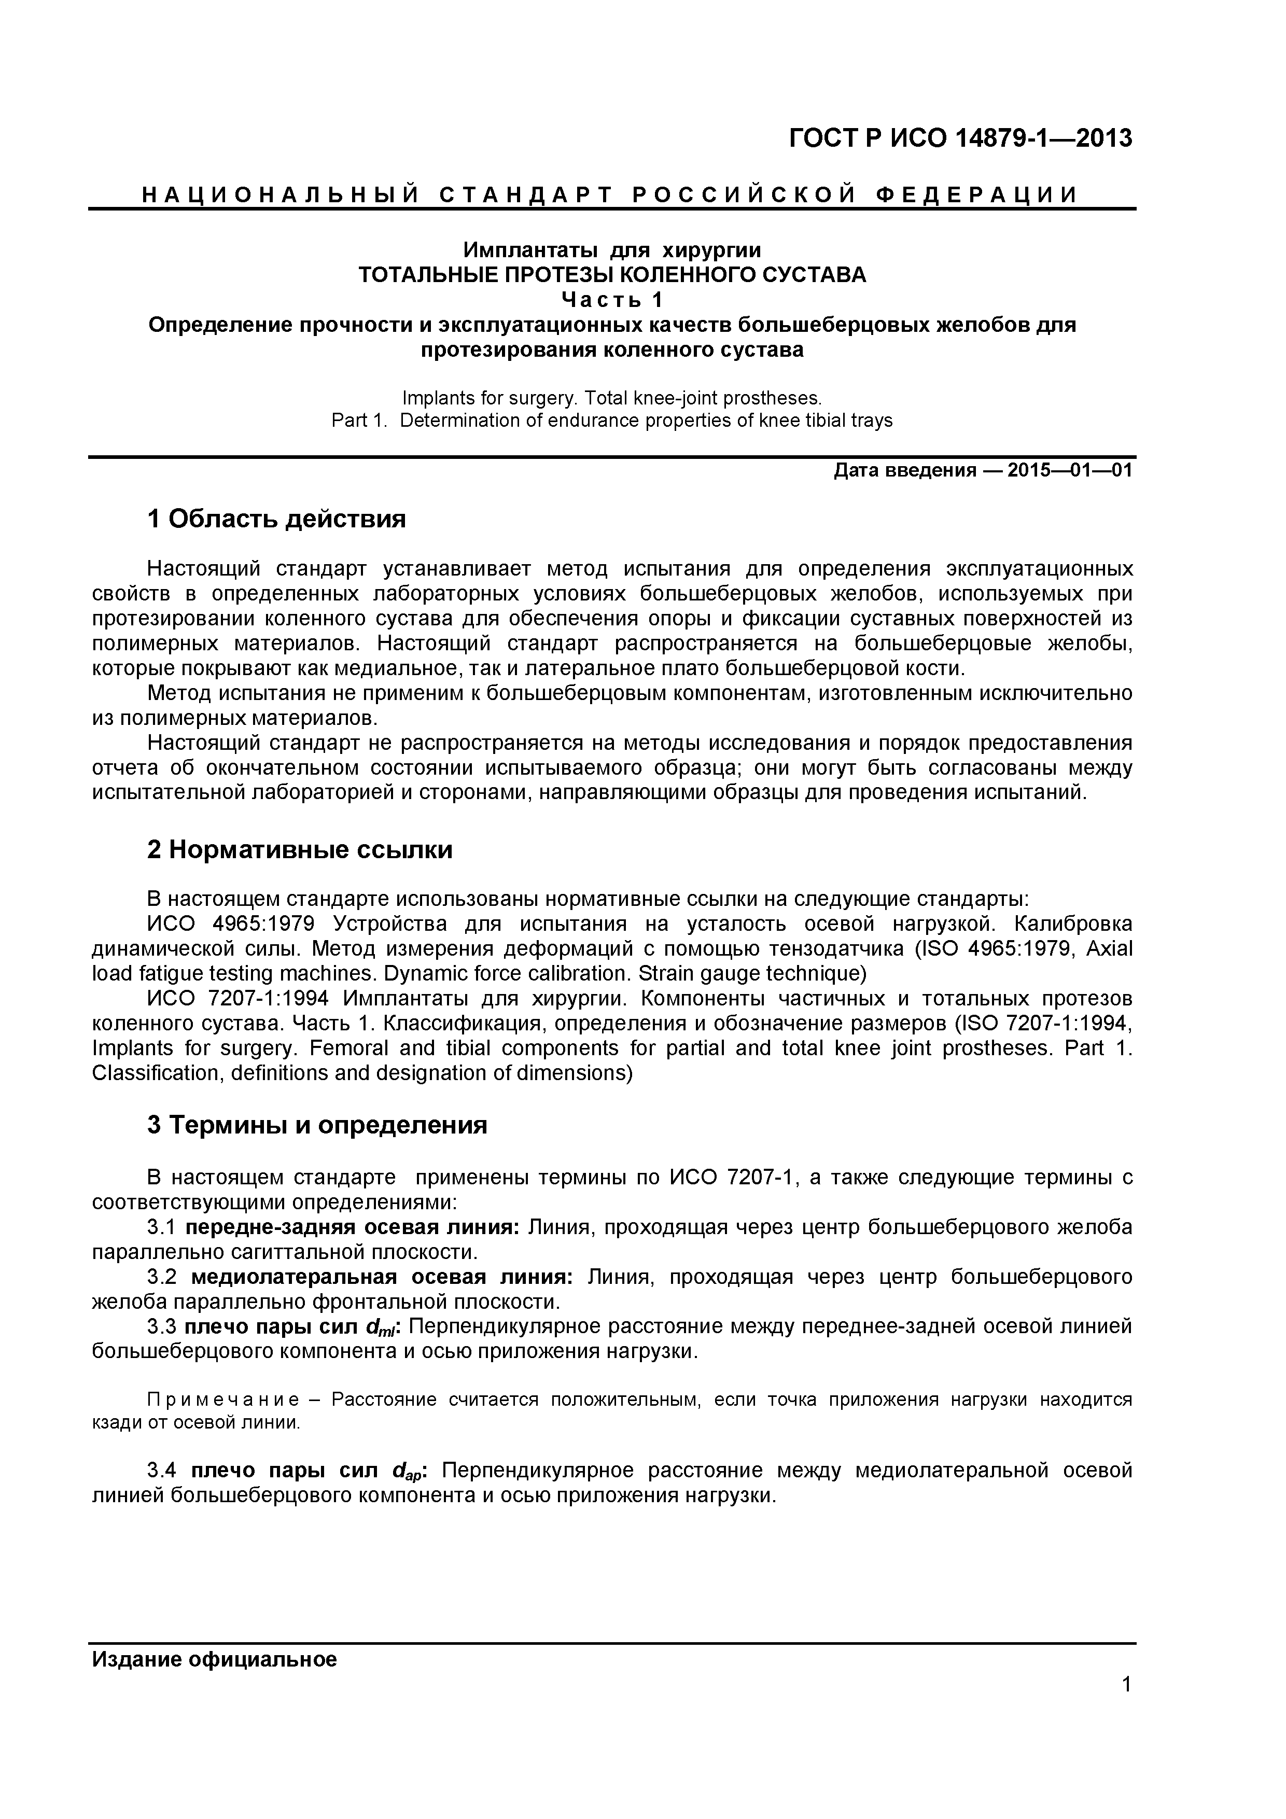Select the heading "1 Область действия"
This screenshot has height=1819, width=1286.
click(x=276, y=519)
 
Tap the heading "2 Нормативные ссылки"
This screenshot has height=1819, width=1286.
click(x=300, y=850)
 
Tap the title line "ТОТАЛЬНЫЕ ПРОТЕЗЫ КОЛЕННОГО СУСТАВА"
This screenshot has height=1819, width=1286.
click(x=612, y=275)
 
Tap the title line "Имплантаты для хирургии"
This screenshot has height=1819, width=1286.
click(x=612, y=250)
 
